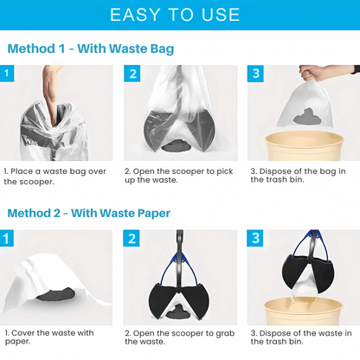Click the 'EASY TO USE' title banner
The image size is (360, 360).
180,15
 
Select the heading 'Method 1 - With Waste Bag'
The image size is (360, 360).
90,48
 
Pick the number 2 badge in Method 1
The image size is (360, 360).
133,74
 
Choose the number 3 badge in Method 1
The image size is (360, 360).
257,74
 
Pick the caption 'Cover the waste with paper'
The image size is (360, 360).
50,337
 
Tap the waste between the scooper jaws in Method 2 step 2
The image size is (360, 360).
182,310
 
